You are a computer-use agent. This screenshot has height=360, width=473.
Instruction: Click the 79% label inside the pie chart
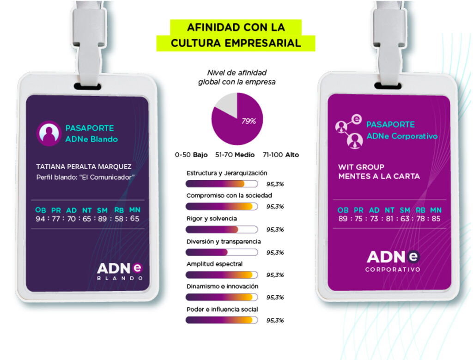(x=249, y=122)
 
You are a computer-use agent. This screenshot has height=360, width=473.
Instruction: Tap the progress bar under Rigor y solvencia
(x=221, y=229)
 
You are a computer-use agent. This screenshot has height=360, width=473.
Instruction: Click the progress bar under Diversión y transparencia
(x=221, y=252)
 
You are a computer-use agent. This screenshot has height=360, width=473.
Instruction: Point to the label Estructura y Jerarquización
(x=227, y=173)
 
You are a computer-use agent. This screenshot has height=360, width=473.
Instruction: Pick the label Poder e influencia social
(x=222, y=309)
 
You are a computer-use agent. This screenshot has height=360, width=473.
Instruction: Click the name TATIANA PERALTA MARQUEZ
(x=84, y=166)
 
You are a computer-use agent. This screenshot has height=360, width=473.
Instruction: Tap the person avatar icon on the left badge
(x=49, y=133)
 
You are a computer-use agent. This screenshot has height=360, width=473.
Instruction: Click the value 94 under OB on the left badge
(x=40, y=219)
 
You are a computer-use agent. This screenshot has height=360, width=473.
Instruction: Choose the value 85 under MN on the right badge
(x=436, y=219)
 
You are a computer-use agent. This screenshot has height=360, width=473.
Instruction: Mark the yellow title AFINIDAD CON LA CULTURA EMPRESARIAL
(x=236, y=35)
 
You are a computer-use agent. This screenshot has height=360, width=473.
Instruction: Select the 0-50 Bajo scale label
(x=191, y=155)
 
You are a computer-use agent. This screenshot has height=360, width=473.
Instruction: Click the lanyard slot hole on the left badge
(x=88, y=86)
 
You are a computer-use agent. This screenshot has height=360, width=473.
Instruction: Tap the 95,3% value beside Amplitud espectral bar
(x=275, y=275)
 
